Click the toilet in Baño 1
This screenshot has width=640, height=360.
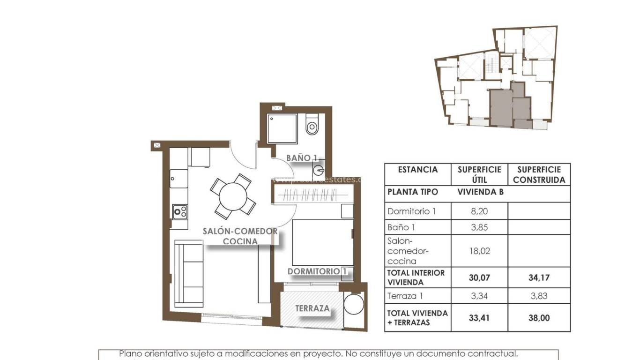pos(312,126)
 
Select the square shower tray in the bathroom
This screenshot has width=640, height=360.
pos(282,128)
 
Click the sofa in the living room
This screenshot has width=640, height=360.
pos(188,273)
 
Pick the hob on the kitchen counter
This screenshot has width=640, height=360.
pos(180,212)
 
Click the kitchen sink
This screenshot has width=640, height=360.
pos(179,178)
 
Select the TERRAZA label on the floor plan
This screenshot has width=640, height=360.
pos(312,309)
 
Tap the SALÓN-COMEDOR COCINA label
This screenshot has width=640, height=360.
pos(240,236)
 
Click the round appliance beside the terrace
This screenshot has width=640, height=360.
pos(353,305)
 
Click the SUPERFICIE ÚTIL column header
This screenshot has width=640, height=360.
pos(479,174)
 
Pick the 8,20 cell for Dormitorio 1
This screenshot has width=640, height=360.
pos(479,211)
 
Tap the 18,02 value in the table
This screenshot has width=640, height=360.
pos(479,251)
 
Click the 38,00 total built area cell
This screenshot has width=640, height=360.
pos(539,318)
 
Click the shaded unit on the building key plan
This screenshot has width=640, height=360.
pos(501,108)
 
